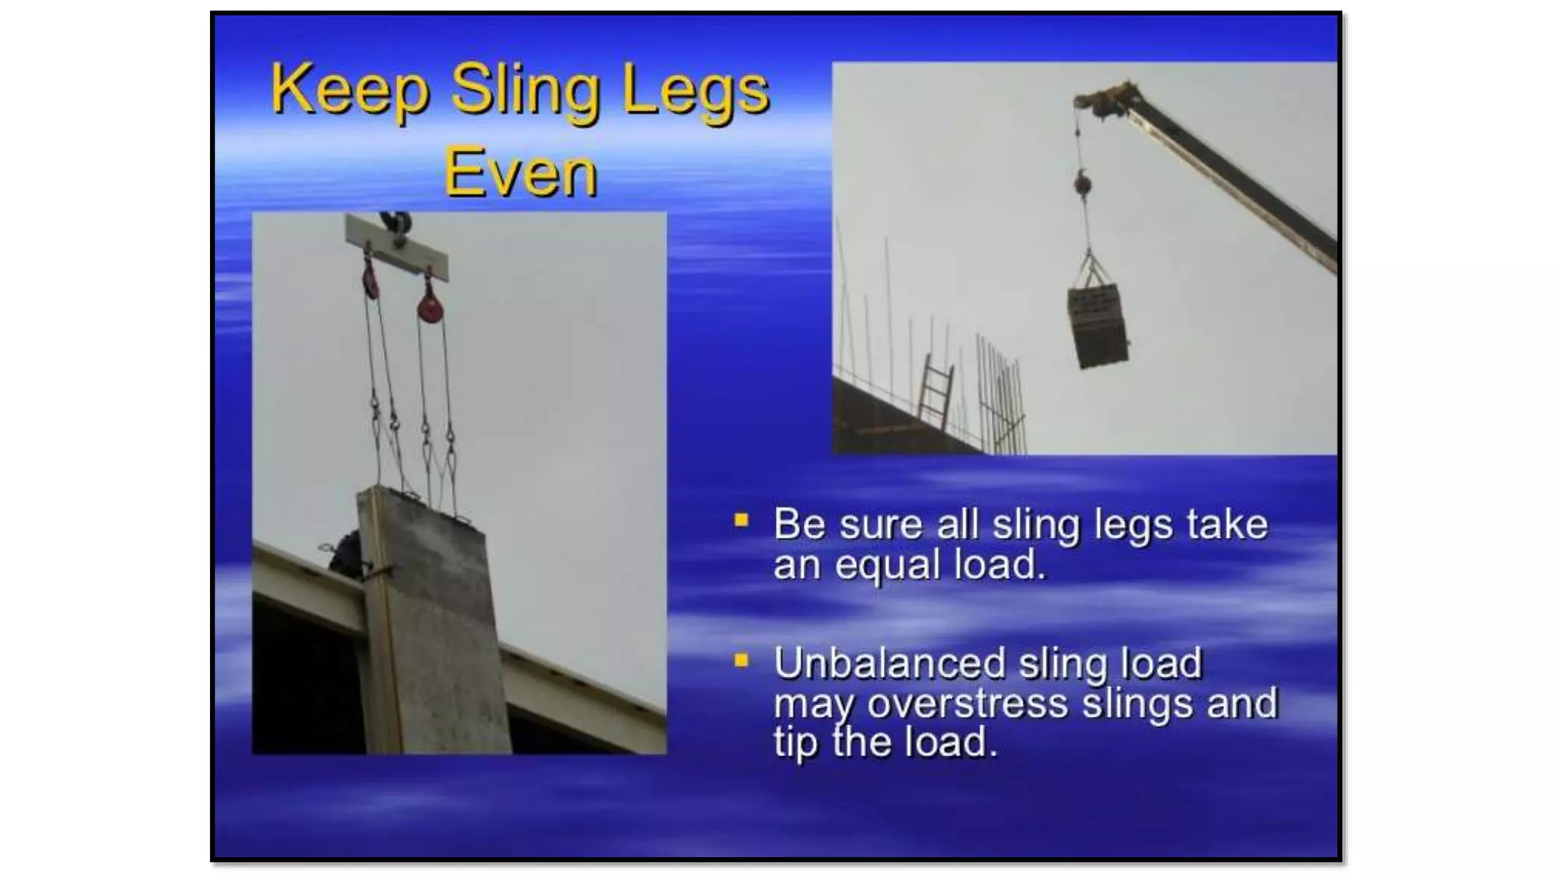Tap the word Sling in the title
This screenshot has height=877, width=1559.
524,91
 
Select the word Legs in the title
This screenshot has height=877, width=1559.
695,91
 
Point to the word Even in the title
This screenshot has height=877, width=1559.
521,174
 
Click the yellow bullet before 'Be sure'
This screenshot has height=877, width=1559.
741,521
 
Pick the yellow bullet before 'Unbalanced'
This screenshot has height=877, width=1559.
741,660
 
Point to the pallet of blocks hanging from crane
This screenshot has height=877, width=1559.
1098,326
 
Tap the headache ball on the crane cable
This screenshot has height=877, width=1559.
1082,183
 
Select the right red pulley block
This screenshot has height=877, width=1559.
430,308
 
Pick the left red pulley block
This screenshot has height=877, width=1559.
370,280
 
